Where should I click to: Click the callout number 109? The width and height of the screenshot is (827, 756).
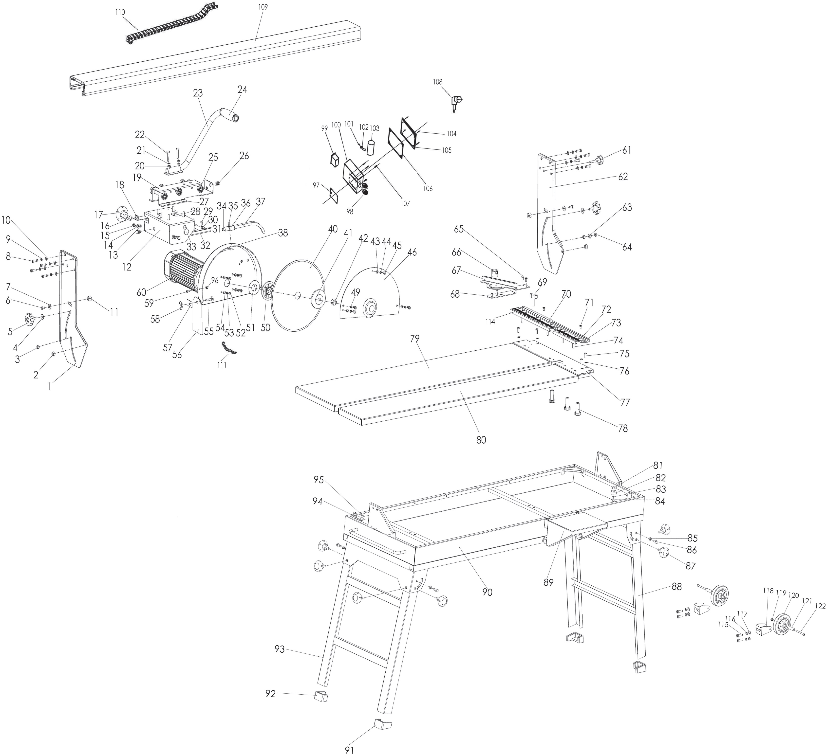coord(263,7)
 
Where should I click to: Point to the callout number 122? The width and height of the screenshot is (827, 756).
coord(820,606)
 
